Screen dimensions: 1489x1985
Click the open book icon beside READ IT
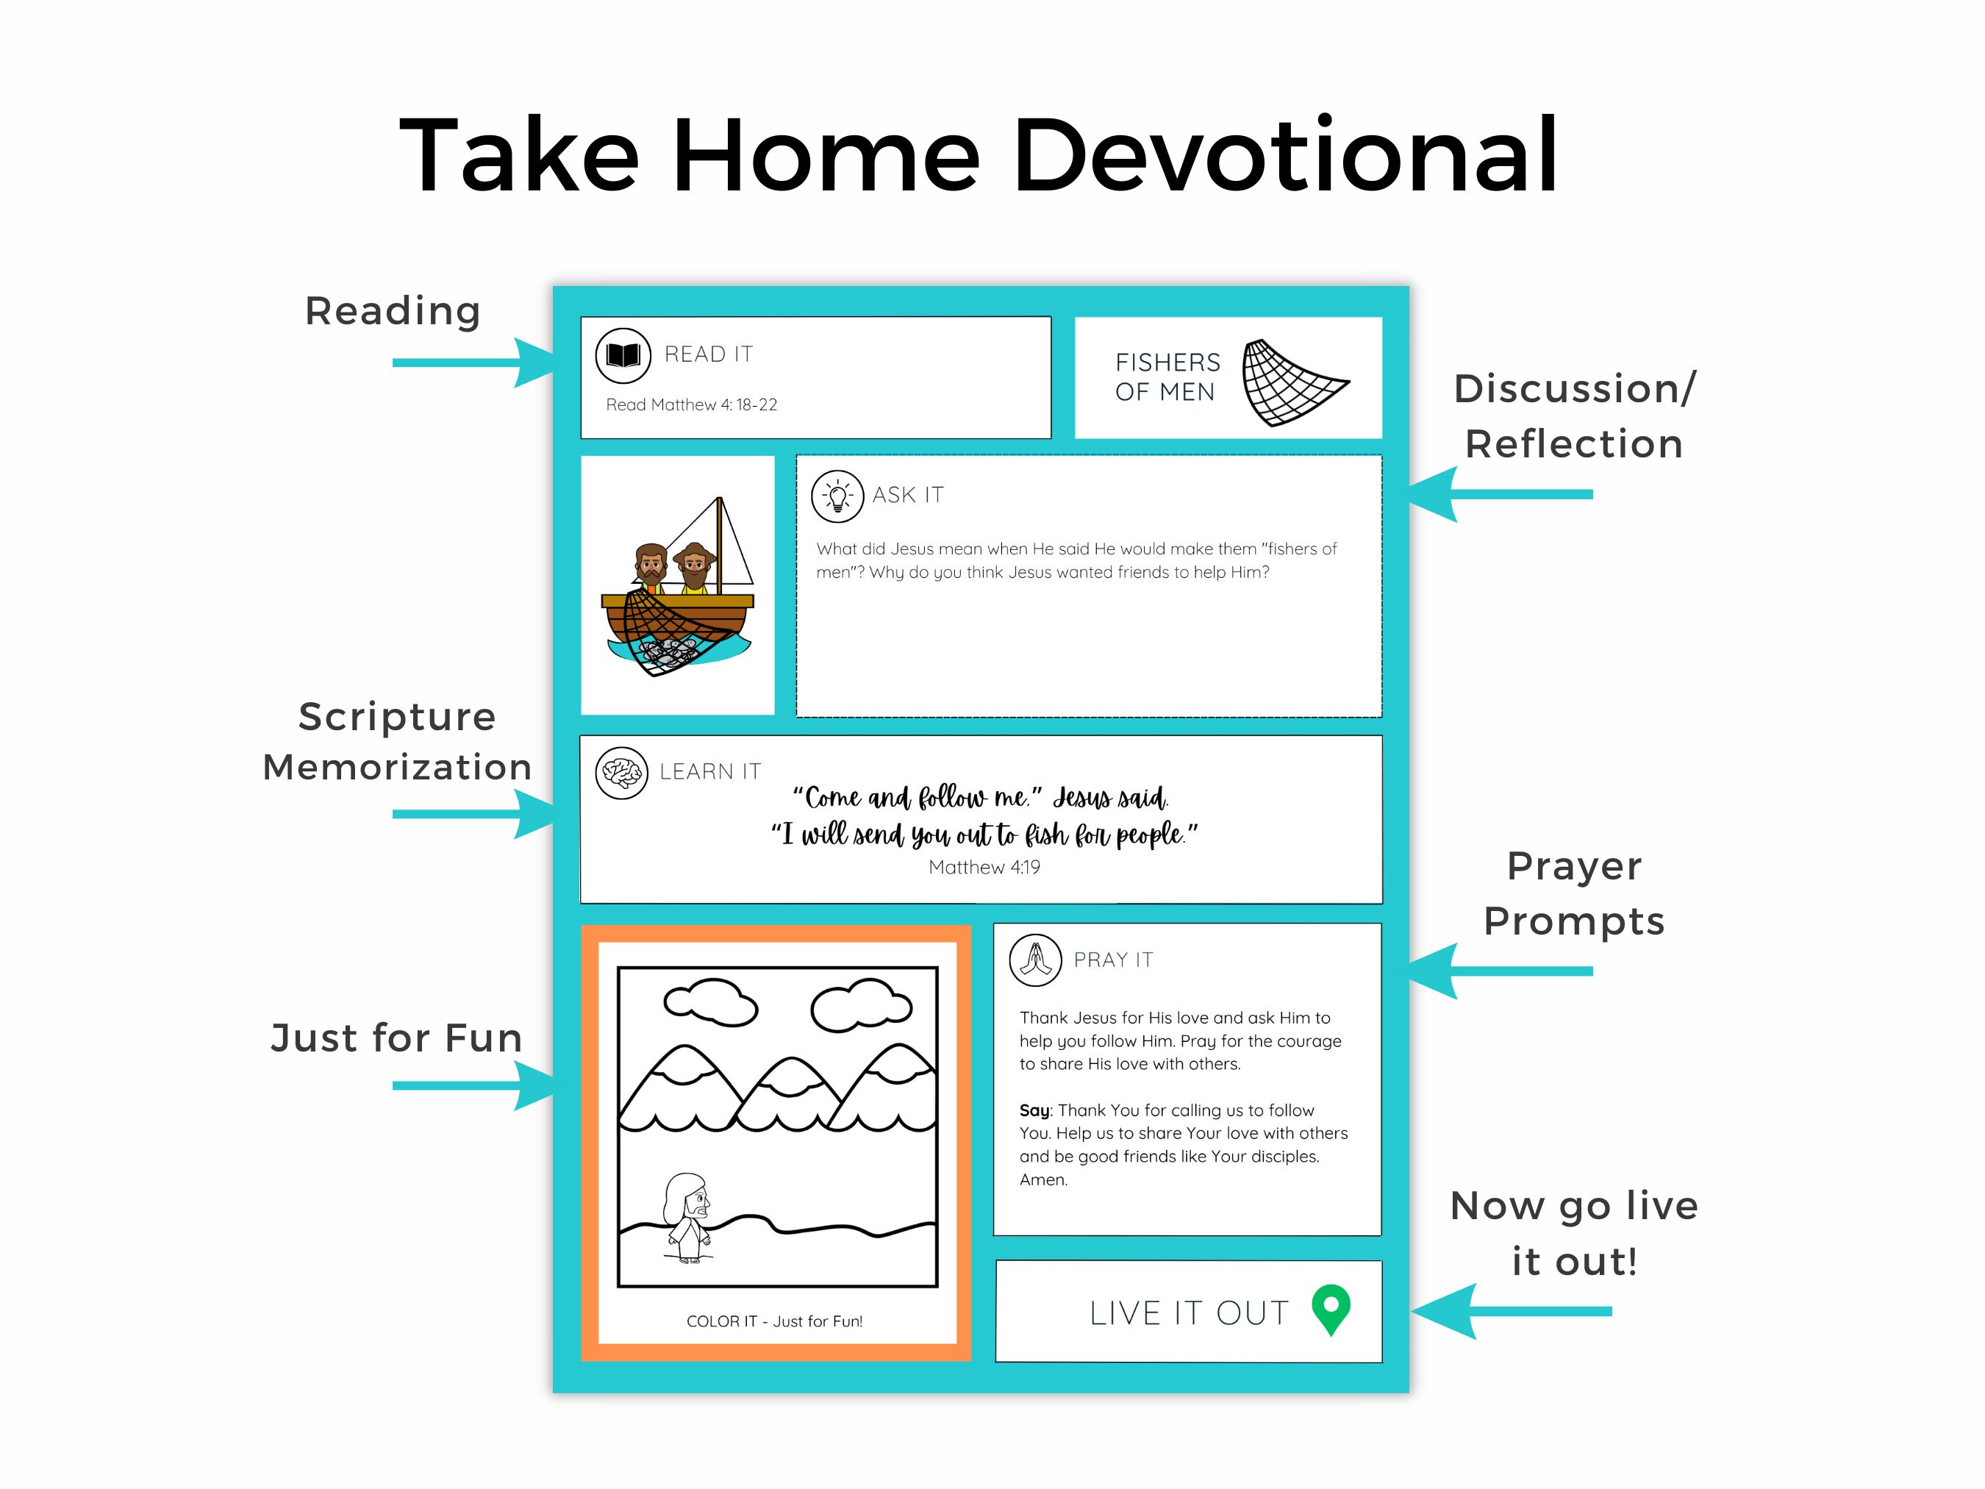click(623, 355)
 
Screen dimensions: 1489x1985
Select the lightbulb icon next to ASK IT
click(837, 496)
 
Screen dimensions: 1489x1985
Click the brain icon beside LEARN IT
click(621, 772)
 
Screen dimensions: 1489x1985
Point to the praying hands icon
click(1034, 960)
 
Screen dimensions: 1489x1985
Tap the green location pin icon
click(1330, 1309)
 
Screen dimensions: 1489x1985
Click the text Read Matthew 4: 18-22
click(691, 404)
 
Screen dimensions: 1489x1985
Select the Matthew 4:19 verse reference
click(984, 867)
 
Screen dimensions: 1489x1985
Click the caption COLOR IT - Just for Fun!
click(773, 1321)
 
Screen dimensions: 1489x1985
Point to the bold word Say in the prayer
click(1034, 1110)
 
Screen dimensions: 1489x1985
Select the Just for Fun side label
click(396, 1038)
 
